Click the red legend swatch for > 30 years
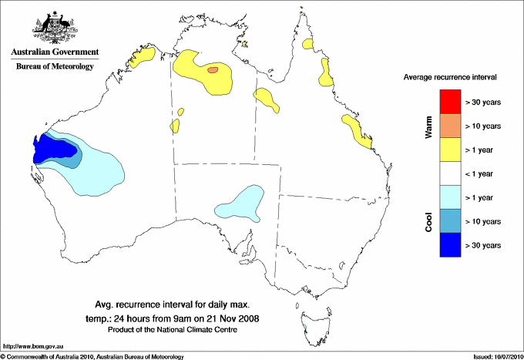tap(449, 101)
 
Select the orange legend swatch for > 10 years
tap(449, 125)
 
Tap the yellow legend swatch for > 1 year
tap(449, 149)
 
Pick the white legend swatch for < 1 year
tap(449, 173)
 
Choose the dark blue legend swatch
tap(449, 244)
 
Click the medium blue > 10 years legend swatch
tap(449, 220)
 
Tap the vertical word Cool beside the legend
tap(429, 221)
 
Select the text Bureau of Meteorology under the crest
tap(55, 66)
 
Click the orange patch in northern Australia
tap(212, 70)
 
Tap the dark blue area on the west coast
tap(51, 146)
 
